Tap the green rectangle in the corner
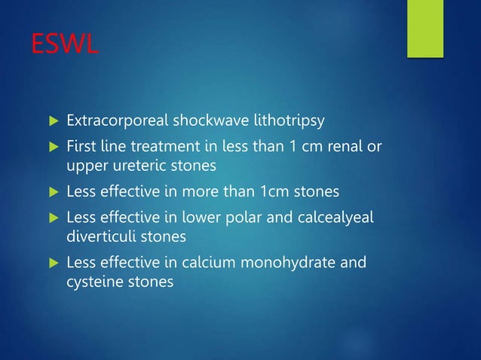point(425,28)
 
